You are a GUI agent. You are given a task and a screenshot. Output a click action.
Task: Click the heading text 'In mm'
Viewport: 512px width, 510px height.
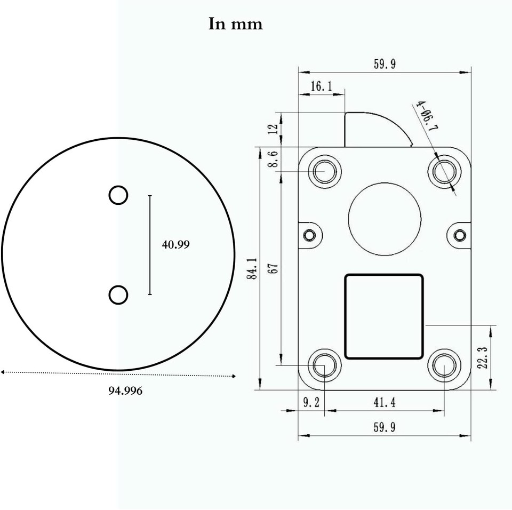coord(235,25)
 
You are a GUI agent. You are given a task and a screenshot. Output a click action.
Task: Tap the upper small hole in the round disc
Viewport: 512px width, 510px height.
coord(118,195)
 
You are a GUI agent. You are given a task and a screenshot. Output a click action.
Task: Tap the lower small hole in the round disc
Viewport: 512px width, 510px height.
coord(118,295)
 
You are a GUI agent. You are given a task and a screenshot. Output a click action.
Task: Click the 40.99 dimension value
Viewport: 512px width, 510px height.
coord(175,244)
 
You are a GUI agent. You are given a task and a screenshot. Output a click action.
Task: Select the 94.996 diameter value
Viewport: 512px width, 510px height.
coord(125,391)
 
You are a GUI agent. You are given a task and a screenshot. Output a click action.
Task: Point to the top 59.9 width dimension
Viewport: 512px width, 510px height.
coord(384,65)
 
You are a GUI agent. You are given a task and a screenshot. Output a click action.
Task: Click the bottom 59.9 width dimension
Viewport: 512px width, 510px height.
coord(384,427)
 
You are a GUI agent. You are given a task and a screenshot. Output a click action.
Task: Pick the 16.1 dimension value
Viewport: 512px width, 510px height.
coord(321,86)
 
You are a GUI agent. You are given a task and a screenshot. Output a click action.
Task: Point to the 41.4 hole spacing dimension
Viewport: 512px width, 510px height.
coord(384,402)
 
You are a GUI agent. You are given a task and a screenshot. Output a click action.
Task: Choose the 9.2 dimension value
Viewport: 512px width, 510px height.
coord(311,402)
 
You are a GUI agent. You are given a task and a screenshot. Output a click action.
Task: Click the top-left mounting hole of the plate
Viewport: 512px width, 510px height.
coord(324,172)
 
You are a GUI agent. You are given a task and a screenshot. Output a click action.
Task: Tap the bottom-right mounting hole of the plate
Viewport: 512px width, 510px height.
coord(444,366)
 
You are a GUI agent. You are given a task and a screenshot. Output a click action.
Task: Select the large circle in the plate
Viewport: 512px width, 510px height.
coord(385,218)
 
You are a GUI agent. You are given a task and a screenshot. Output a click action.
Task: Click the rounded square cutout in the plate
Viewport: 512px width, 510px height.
coord(384,316)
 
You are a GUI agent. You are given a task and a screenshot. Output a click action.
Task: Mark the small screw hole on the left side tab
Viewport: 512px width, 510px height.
coord(309,235)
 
